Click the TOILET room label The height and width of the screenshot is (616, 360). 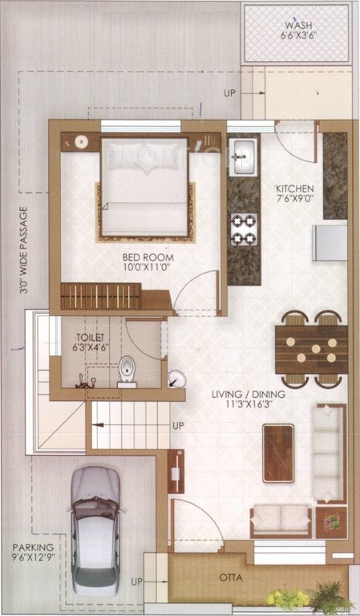(x=90, y=338)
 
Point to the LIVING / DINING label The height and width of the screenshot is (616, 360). (x=249, y=395)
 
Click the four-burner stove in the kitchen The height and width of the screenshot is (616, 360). (x=244, y=229)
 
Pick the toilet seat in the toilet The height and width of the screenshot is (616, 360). (x=127, y=372)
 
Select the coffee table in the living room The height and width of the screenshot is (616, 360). (x=278, y=452)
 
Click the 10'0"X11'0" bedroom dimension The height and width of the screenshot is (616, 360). (x=148, y=269)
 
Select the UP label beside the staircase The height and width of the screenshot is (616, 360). (x=177, y=424)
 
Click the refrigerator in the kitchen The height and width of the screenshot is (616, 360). (x=330, y=241)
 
